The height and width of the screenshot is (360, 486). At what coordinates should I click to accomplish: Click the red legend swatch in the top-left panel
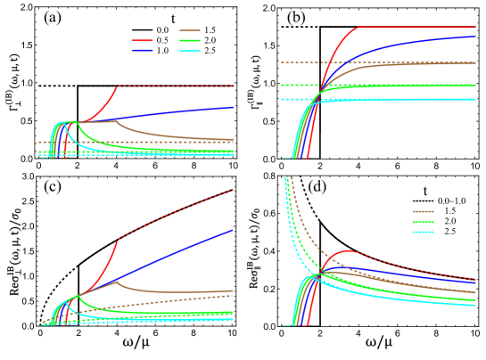point(142,41)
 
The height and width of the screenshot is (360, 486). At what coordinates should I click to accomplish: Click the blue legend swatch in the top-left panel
point(142,51)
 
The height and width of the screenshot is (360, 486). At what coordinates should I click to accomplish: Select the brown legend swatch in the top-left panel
point(190,30)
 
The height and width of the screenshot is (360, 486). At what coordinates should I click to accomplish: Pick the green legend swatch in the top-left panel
point(190,41)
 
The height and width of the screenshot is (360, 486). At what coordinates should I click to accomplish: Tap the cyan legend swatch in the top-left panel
point(190,52)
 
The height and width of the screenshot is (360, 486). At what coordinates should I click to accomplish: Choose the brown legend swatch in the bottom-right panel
point(423,212)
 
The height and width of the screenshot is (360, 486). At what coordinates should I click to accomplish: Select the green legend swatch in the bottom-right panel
point(423,222)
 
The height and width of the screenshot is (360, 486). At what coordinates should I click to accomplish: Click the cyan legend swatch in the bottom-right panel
point(423,232)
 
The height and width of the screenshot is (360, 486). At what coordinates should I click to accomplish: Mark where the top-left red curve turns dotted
point(118,86)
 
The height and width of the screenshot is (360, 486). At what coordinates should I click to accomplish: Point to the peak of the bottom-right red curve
point(349,250)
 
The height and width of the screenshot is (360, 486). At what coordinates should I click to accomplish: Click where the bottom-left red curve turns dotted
point(118,240)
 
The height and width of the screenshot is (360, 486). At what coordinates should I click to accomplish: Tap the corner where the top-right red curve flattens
point(360,27)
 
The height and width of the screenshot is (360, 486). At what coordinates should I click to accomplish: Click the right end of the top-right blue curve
point(475,37)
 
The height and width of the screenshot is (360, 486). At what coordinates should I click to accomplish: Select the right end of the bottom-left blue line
point(234,230)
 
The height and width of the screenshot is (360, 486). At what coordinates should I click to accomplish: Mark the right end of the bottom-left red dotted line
point(234,190)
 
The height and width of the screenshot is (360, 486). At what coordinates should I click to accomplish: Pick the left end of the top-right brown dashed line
point(282,63)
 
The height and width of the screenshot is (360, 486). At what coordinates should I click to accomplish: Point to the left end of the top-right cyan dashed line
point(282,100)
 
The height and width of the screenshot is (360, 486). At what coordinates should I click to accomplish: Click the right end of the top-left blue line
point(234,107)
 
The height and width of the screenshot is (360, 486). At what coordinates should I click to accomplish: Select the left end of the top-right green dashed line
point(282,86)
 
